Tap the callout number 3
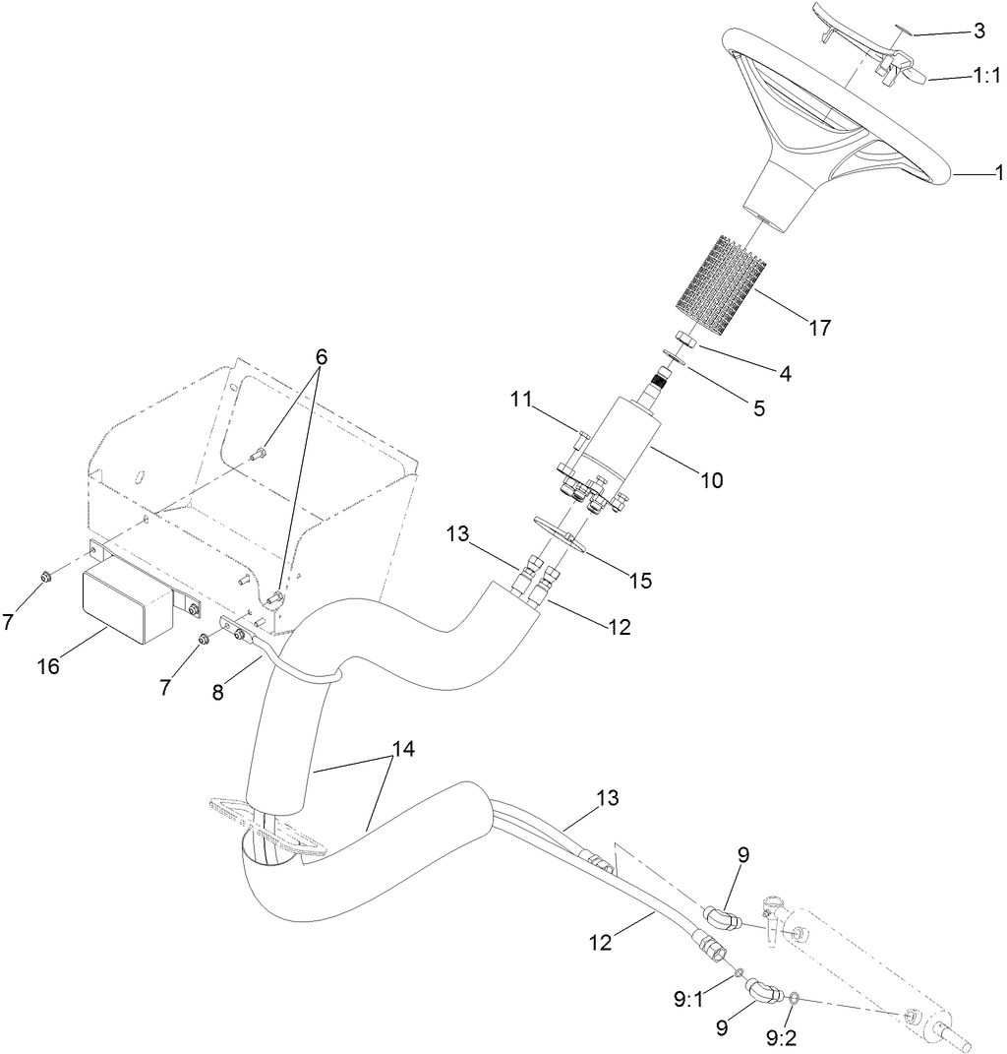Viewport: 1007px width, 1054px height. pyautogui.click(x=978, y=31)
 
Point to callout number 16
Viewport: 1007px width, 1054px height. pyautogui.click(x=48, y=665)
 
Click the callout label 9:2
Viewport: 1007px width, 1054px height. pyautogui.click(x=782, y=1036)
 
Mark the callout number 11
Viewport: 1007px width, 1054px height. pyautogui.click(x=521, y=400)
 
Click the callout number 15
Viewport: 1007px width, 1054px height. pyautogui.click(x=640, y=581)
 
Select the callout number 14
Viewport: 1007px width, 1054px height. pyautogui.click(x=401, y=748)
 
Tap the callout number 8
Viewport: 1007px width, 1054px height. pyautogui.click(x=217, y=692)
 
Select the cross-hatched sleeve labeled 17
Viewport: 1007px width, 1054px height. pyautogui.click(x=723, y=283)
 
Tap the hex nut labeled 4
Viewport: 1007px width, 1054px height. pyautogui.click(x=689, y=341)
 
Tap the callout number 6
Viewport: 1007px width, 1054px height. pyautogui.click(x=322, y=356)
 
